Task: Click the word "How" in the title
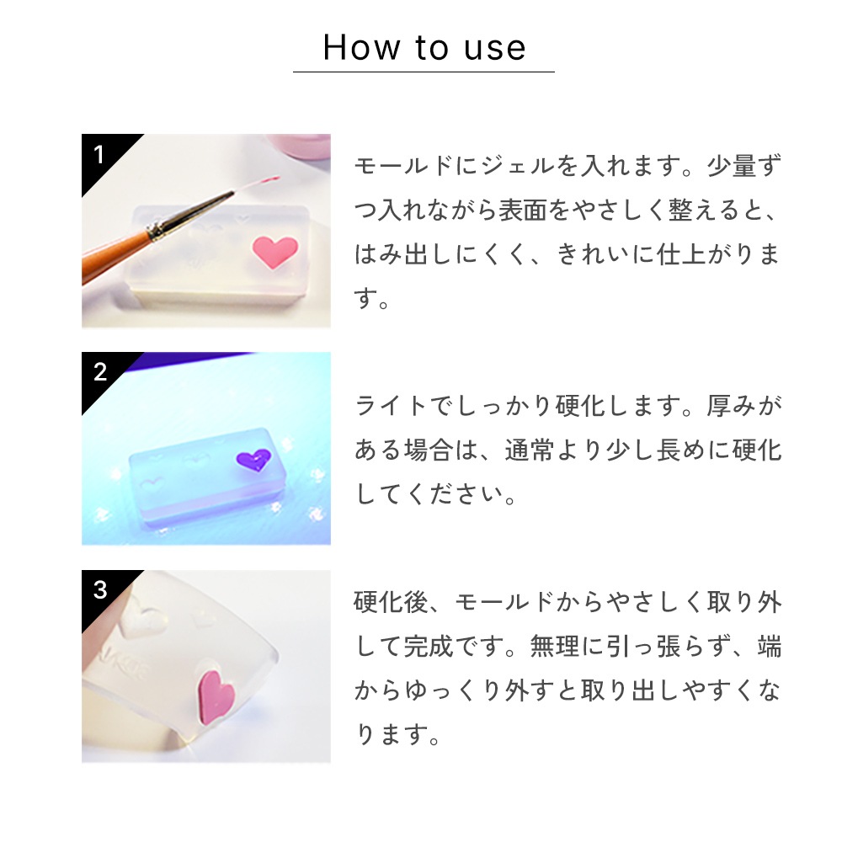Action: (361, 47)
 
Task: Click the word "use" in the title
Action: (494, 49)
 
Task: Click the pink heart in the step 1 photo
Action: (274, 251)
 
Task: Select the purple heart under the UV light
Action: (253, 460)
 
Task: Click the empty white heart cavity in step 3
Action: (139, 616)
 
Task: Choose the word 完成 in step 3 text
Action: (429, 646)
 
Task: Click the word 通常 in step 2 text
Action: (529, 450)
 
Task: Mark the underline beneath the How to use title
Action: (424, 72)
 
